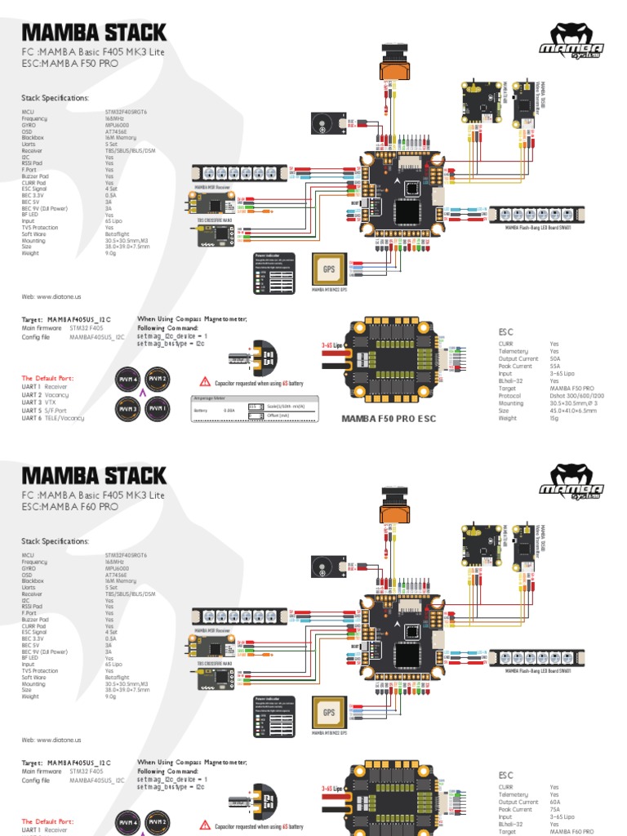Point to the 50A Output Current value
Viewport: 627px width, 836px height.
[555, 358]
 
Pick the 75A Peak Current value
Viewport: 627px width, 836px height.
[555, 808]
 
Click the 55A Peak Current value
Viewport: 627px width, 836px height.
[555, 366]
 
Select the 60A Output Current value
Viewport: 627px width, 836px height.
[555, 802]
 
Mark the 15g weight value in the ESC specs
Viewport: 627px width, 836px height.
[554, 417]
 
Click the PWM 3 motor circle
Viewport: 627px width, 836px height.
[128, 409]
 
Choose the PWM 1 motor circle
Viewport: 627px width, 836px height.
[157, 409]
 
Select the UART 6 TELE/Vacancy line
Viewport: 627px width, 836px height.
[52, 417]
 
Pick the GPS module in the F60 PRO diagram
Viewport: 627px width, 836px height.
[328, 712]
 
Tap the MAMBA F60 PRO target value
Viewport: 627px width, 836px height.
[571, 830]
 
